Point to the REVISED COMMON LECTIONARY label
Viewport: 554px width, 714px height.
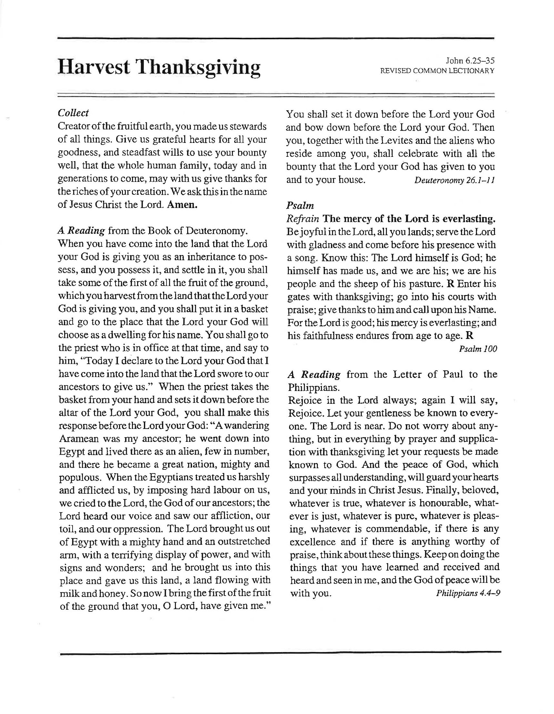pyautogui.click(x=437, y=70)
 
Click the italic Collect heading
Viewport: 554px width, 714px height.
pyautogui.click(x=73, y=113)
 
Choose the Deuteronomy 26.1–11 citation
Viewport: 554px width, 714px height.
pyautogui.click(x=454, y=180)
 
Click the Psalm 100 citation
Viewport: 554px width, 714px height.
pyautogui.click(x=478, y=349)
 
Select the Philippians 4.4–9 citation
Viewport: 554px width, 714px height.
pyautogui.click(x=468, y=593)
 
